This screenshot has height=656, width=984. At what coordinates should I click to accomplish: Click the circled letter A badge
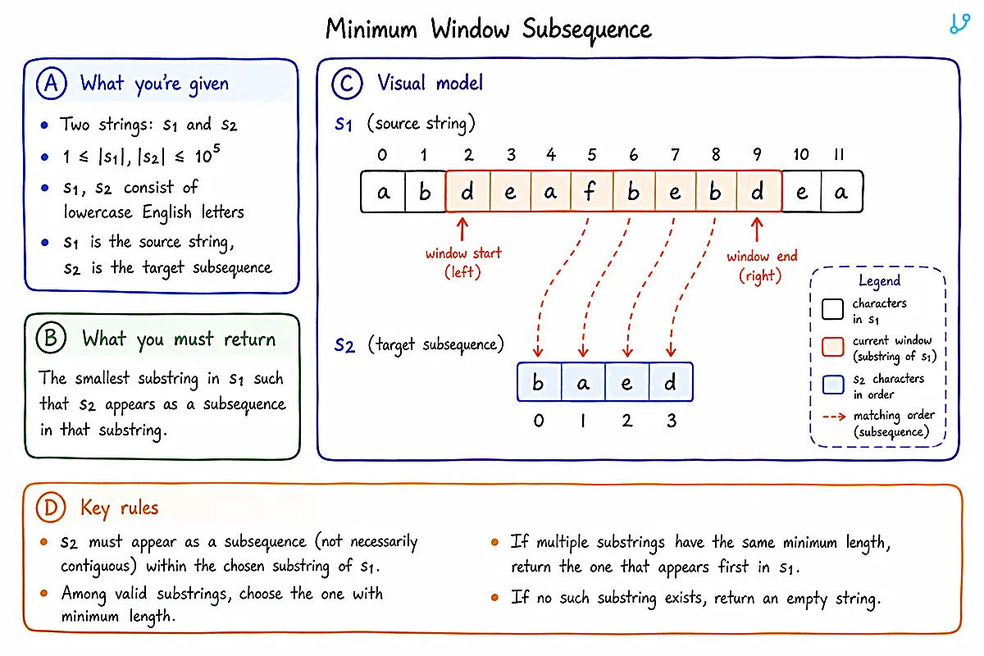52,84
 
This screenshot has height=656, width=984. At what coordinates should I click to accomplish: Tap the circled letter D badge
51,507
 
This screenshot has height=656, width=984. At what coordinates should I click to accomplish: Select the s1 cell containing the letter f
591,192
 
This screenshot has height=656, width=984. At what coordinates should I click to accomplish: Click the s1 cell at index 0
383,192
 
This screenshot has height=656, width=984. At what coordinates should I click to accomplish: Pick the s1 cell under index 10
801,192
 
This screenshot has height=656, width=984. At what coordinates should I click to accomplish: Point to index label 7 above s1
675,154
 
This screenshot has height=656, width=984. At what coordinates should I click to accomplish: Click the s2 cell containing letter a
583,382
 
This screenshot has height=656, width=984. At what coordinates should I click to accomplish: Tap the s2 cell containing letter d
671,382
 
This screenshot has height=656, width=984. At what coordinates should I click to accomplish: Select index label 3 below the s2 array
672,421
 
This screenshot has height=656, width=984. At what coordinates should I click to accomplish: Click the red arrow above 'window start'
462,229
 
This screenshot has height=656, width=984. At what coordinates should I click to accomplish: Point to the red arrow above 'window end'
756,230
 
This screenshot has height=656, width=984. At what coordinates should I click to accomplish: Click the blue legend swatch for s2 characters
833,385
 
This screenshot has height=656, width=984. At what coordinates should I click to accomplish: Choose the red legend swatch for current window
833,347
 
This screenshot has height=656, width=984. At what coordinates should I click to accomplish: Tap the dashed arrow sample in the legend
834,416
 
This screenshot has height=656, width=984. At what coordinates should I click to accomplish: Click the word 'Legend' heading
879,280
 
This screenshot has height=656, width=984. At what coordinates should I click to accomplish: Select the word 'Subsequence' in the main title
586,30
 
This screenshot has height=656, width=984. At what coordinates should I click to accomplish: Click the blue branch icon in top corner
959,23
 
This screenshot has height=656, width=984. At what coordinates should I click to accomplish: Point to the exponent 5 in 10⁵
216,148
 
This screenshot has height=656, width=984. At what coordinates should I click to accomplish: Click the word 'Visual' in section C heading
402,83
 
